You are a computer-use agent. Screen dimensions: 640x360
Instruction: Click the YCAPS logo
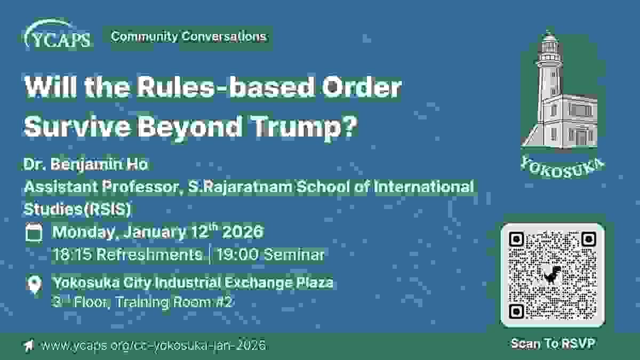pos(58,34)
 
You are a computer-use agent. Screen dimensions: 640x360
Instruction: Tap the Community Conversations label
pos(189,37)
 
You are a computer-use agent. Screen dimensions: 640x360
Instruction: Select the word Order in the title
pos(362,87)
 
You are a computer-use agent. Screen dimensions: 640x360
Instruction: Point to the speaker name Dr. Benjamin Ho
pos(86,165)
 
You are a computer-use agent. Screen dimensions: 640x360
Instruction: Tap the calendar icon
pos(34,233)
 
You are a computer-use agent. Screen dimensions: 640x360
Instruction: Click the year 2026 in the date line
pos(243,231)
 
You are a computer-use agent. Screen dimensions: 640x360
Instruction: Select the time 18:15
pos(72,254)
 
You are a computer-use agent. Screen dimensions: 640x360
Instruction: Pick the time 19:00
pos(238,254)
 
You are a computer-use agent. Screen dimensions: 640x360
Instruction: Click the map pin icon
pos(35,284)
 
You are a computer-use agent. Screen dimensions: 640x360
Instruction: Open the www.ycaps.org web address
pos(154,345)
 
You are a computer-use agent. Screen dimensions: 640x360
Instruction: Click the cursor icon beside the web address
pos(29,345)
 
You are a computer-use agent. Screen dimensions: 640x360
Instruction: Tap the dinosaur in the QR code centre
pos(553,274)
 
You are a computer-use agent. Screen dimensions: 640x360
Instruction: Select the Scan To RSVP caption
pos(553,343)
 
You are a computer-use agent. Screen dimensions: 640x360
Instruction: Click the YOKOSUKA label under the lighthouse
pos(562,167)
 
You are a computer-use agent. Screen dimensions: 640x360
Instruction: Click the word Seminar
pos(294,254)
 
